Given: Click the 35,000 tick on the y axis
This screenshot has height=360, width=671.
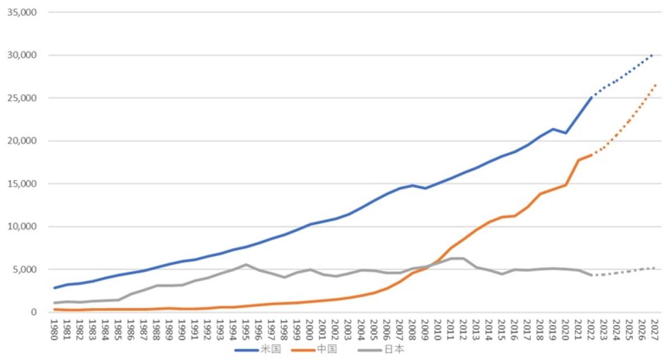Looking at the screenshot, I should (x=21, y=12).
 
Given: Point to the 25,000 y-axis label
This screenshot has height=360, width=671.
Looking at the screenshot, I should (x=21, y=98).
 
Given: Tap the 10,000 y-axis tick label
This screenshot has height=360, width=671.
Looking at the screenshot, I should (x=21, y=226).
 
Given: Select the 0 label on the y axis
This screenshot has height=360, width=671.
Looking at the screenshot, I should (x=33, y=312).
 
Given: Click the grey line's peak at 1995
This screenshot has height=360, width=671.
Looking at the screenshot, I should (x=246, y=264).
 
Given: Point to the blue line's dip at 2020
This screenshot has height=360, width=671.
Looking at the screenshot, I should (x=565, y=133).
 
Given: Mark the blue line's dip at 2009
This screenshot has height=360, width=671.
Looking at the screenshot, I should (x=425, y=188).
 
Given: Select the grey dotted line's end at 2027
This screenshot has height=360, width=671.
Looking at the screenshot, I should (x=654, y=268).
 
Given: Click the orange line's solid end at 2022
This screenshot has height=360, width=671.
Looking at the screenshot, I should (x=591, y=155).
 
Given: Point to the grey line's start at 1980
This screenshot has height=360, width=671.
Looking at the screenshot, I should (x=55, y=303).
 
